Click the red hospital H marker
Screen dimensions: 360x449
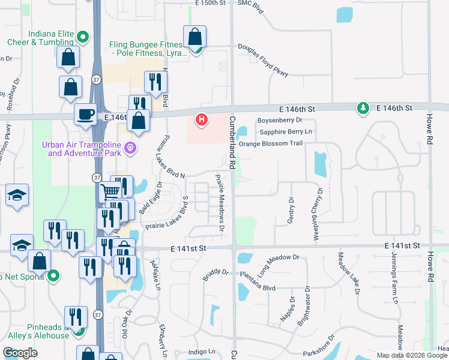[202, 120]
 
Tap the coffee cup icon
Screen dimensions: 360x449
[85, 113]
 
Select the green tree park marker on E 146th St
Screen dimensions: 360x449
[363, 109]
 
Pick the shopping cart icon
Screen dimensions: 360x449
[110, 191]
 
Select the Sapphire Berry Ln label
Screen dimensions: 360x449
[285, 131]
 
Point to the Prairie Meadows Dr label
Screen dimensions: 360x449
[220, 203]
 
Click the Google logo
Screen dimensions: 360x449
[20, 353]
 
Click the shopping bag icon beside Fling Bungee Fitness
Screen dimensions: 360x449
[195, 37]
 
